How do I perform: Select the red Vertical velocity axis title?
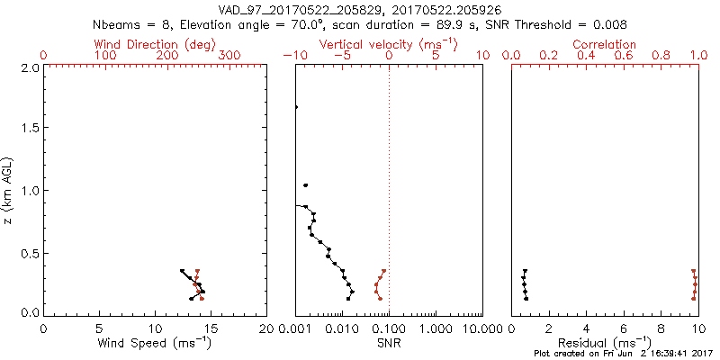(x=388, y=44)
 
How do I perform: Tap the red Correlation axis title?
(x=604, y=44)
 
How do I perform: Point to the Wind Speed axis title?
(x=155, y=344)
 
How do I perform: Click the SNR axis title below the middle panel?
(x=388, y=344)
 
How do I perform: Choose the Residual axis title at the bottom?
(x=604, y=344)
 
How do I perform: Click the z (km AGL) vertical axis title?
(x=9, y=191)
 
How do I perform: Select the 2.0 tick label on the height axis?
(x=29, y=67)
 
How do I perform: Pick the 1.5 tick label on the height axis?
(x=29, y=129)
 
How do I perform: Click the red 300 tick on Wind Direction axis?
(x=229, y=56)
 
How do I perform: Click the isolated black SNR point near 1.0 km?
(x=306, y=185)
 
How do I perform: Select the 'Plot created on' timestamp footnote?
(x=624, y=354)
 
